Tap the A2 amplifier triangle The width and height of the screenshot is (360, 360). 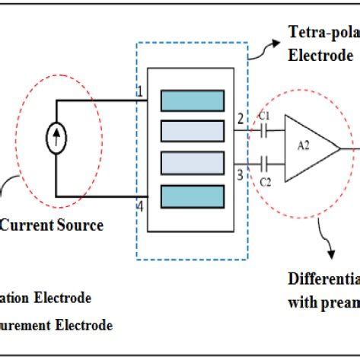click(309, 148)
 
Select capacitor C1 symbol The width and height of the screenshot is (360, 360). click(263, 132)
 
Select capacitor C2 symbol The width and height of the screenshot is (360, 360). click(263, 163)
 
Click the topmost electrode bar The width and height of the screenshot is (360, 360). click(192, 100)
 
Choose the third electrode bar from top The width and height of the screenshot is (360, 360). click(192, 164)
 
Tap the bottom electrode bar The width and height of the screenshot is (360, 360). click(192, 196)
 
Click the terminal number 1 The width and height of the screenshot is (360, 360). click(140, 93)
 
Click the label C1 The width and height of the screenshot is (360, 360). click(263, 116)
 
